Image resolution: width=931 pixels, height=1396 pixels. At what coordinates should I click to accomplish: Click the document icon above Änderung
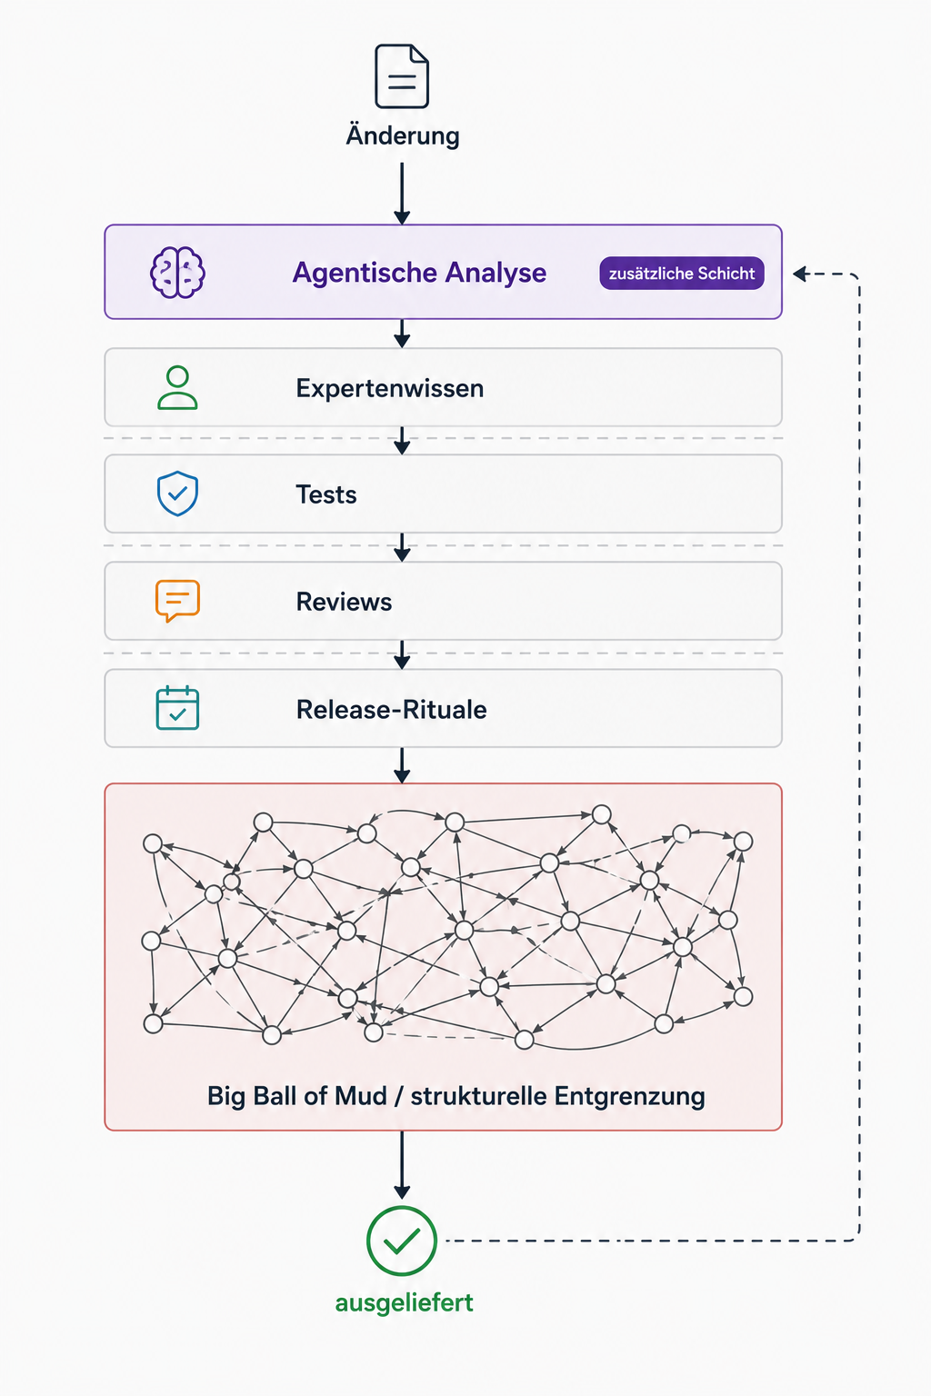[x=402, y=76]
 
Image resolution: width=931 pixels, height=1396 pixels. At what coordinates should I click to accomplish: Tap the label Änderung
[x=403, y=135]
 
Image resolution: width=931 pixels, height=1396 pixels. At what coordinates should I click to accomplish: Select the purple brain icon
[x=177, y=273]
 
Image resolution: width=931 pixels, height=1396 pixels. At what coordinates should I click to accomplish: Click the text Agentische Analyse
[x=419, y=273]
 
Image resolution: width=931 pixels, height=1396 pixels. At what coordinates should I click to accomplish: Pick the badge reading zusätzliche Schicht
[x=682, y=273]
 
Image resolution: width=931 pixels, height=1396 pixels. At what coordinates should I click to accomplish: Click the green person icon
[x=177, y=387]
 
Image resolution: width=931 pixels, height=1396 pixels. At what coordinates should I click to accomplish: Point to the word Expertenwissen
[x=390, y=388]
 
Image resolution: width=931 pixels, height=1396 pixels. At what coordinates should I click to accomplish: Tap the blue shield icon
[x=177, y=494]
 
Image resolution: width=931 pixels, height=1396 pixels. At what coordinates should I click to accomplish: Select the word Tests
[x=326, y=494]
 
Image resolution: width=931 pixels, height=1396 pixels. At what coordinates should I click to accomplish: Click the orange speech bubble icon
[x=177, y=601]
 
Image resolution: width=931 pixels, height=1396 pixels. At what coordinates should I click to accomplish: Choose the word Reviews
[x=345, y=602]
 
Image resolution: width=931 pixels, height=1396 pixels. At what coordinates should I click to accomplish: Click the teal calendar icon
[x=177, y=708]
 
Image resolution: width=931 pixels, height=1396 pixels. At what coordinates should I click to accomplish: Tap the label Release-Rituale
[x=392, y=709]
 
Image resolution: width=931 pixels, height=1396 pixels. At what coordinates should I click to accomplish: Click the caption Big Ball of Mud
[x=297, y=1096]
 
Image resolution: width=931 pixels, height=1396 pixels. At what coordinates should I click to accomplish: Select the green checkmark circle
[x=402, y=1241]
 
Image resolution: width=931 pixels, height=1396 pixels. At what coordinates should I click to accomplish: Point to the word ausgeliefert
[x=404, y=1302]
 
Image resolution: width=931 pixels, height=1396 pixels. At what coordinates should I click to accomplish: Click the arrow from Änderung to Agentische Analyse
[x=402, y=194]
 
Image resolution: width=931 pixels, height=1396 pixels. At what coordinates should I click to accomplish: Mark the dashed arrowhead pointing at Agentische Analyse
[x=801, y=274]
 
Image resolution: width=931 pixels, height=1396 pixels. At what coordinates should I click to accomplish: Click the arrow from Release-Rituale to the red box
[x=402, y=765]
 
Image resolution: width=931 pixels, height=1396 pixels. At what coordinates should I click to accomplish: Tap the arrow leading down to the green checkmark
[x=402, y=1165]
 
